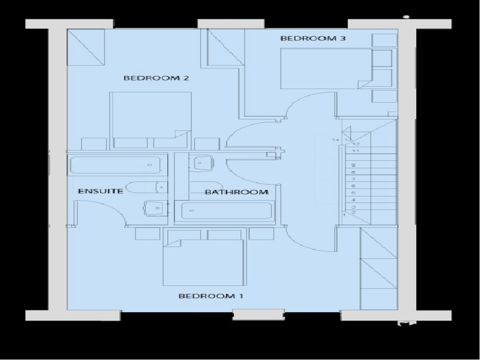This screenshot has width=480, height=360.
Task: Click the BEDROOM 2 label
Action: click(x=156, y=78)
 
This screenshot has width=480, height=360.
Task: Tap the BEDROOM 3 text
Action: click(x=313, y=38)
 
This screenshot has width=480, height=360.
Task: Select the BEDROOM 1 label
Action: click(x=211, y=296)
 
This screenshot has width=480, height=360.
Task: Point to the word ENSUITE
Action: click(x=100, y=191)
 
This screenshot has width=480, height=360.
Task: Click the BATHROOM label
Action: click(x=237, y=192)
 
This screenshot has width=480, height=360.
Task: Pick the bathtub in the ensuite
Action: click(x=118, y=165)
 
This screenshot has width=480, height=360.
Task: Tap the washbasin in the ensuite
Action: click(x=155, y=208)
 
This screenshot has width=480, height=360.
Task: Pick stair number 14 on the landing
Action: click(x=335, y=140)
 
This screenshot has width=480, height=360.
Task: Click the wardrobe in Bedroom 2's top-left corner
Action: click(x=86, y=47)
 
